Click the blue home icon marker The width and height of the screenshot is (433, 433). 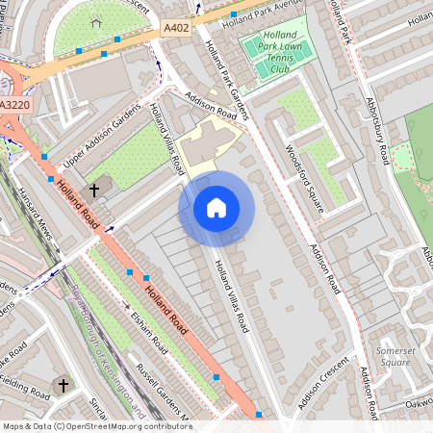(x=216, y=208)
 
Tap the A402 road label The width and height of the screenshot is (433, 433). (x=176, y=29)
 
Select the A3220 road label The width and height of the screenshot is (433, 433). (x=14, y=105)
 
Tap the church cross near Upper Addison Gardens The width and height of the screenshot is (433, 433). (x=94, y=190)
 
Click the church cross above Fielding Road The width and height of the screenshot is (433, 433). (x=64, y=385)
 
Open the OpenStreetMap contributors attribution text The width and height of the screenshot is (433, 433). (x=97, y=425)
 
